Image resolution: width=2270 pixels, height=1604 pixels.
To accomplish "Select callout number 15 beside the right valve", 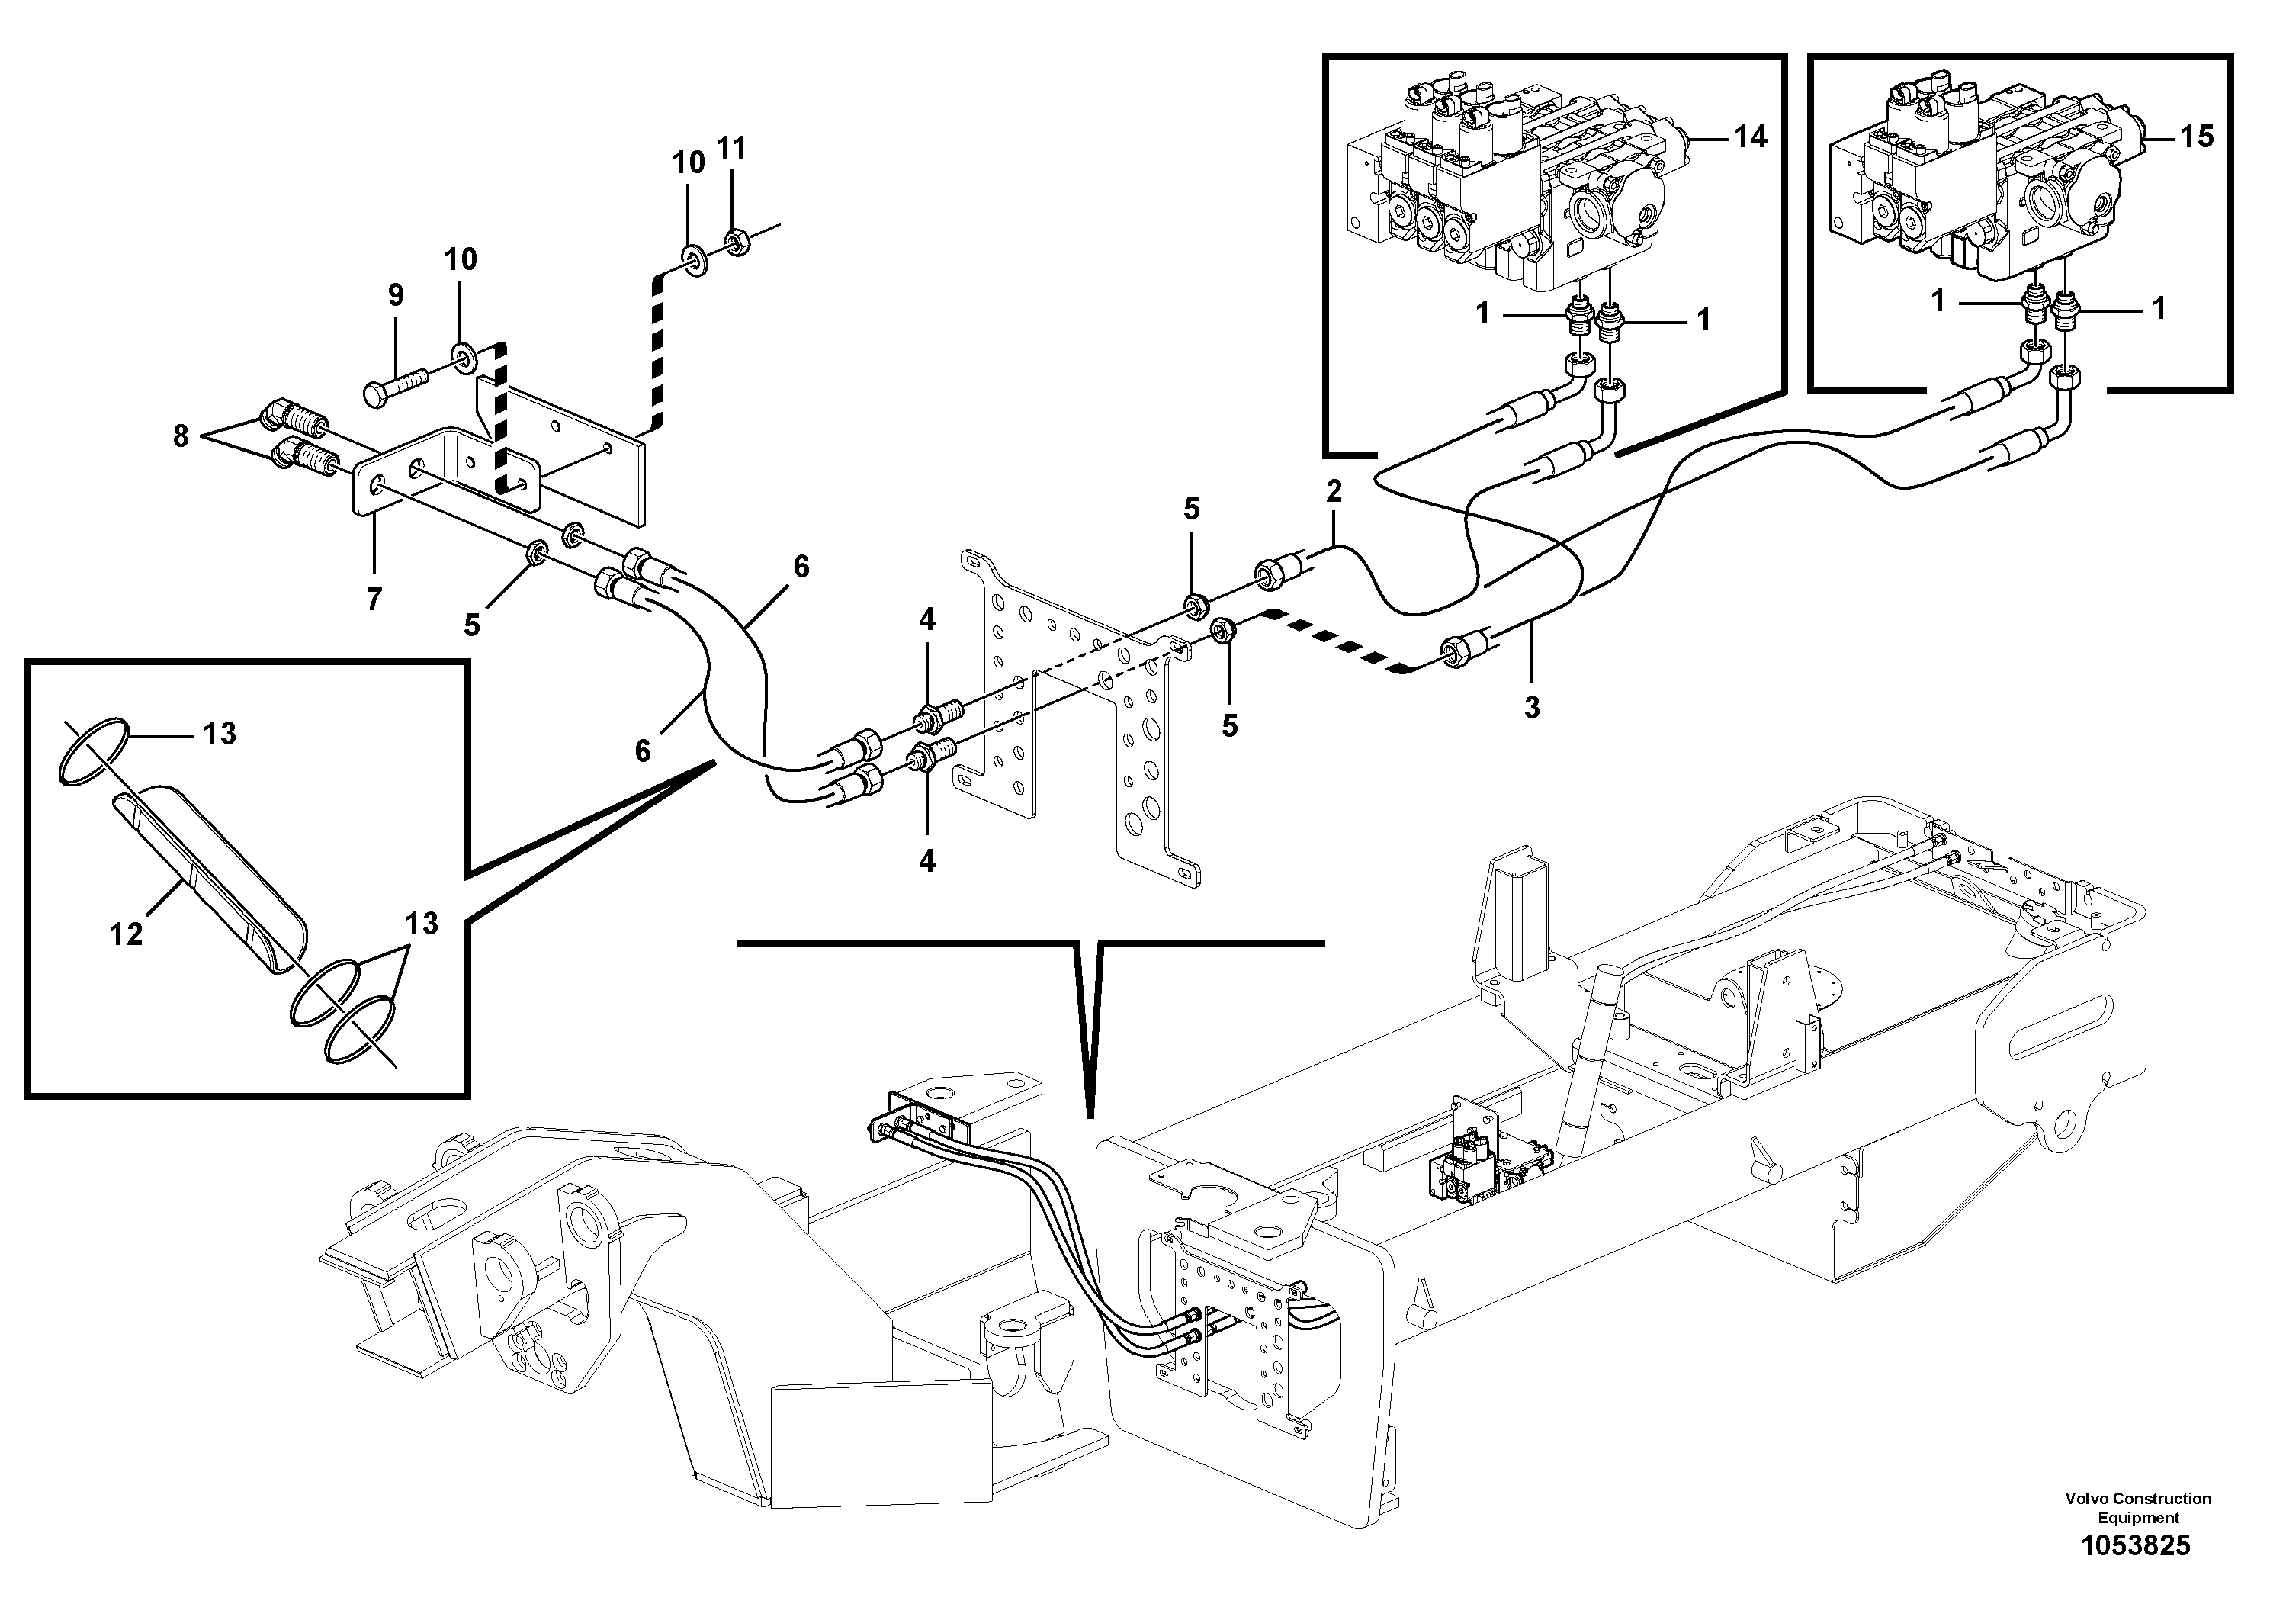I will [x=2197, y=137].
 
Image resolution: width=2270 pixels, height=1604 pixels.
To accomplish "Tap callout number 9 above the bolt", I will [x=396, y=294].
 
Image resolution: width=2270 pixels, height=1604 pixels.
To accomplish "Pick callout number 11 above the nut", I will [x=730, y=148].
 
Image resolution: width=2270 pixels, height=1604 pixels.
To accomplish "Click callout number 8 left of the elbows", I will [x=181, y=436].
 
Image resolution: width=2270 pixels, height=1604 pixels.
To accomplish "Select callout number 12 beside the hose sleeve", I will [x=127, y=933].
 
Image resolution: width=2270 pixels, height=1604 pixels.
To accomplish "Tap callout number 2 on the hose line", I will [x=1334, y=491].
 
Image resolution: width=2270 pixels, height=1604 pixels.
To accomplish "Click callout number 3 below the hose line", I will [x=1531, y=707].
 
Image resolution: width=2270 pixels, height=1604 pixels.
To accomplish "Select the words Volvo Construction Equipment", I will [x=2137, y=1508].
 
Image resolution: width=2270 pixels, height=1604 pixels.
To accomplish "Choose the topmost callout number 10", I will [x=689, y=162].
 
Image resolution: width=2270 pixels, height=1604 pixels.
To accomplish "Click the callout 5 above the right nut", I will [x=1191, y=509].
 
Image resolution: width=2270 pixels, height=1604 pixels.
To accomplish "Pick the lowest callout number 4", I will [x=926, y=861].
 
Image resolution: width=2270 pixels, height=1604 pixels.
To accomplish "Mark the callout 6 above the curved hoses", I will [x=801, y=567].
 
